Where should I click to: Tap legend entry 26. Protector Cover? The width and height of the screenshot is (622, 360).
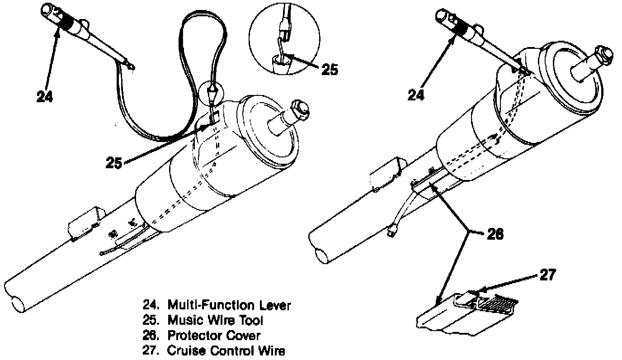pos(200,336)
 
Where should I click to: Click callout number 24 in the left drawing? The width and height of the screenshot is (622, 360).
pos(45,96)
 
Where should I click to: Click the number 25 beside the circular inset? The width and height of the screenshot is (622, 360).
pos(330,70)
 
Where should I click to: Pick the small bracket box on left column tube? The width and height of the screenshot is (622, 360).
pos(85,222)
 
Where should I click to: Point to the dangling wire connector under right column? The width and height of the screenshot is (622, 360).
pos(393,232)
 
